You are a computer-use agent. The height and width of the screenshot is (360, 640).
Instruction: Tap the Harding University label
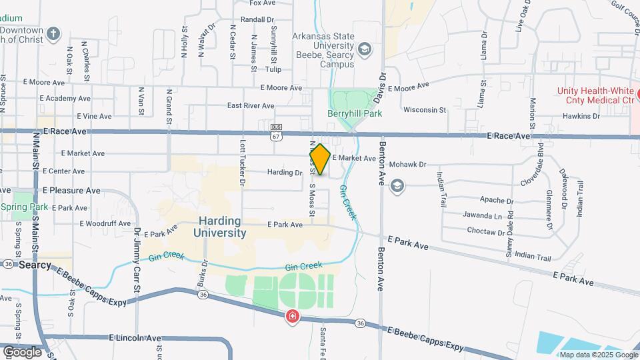tap(220, 227)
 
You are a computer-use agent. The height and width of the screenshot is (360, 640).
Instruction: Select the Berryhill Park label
tap(355, 114)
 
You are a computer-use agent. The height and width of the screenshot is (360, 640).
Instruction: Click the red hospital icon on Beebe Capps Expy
tap(292, 317)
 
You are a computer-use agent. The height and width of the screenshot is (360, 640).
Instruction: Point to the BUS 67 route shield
tap(277, 131)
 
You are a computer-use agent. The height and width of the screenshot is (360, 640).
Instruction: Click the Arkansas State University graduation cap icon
tap(364, 49)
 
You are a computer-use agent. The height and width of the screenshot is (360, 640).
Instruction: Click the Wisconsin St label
tap(424, 109)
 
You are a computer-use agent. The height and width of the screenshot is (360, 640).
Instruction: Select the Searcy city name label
tap(35, 265)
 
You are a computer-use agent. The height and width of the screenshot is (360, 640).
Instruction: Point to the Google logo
tap(22, 351)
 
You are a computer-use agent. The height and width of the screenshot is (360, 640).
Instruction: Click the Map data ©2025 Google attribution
tap(597, 355)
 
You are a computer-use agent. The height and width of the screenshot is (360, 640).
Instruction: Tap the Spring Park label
tap(24, 207)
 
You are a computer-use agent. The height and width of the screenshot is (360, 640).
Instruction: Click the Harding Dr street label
tap(285, 173)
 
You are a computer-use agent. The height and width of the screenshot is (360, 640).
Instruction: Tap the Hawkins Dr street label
tap(581, 116)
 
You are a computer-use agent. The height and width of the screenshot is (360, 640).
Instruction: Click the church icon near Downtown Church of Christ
tap(54, 33)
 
